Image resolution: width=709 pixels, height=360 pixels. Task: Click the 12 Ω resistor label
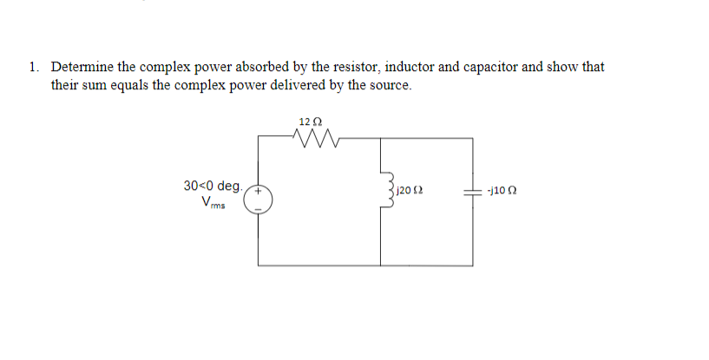[310, 121]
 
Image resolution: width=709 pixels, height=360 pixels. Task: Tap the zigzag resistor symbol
[310, 137]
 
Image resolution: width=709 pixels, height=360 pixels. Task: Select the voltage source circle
[259, 199]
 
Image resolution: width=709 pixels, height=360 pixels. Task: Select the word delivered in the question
[313, 86]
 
